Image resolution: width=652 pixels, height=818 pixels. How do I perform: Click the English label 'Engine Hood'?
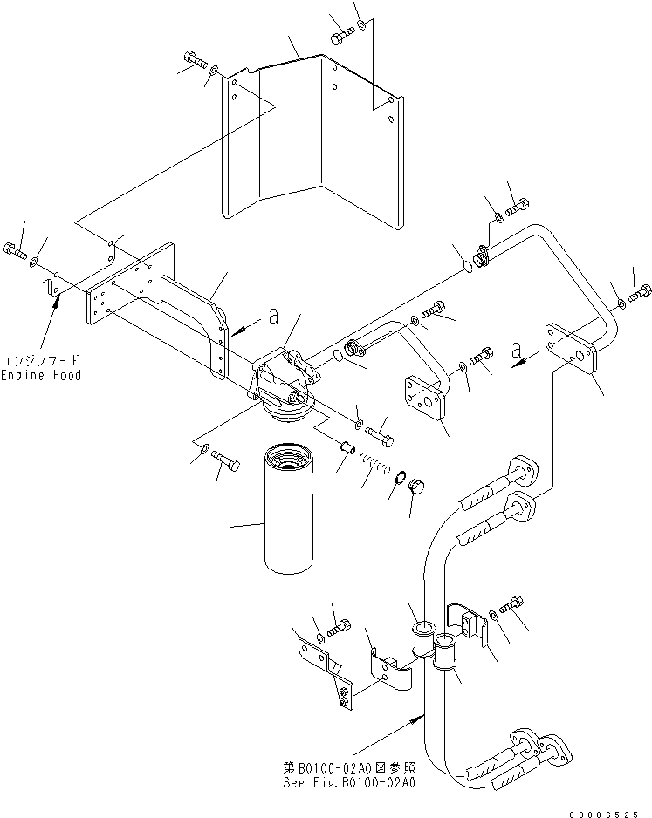click(42, 375)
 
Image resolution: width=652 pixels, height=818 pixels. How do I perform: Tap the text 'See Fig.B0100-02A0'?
click(350, 782)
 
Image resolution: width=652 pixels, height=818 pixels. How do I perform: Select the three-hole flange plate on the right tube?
click(572, 349)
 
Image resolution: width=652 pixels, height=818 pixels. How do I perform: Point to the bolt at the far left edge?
click(14, 251)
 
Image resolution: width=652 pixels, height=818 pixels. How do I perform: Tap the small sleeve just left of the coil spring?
click(347, 448)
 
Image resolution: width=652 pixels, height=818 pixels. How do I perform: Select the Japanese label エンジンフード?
click(42, 360)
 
